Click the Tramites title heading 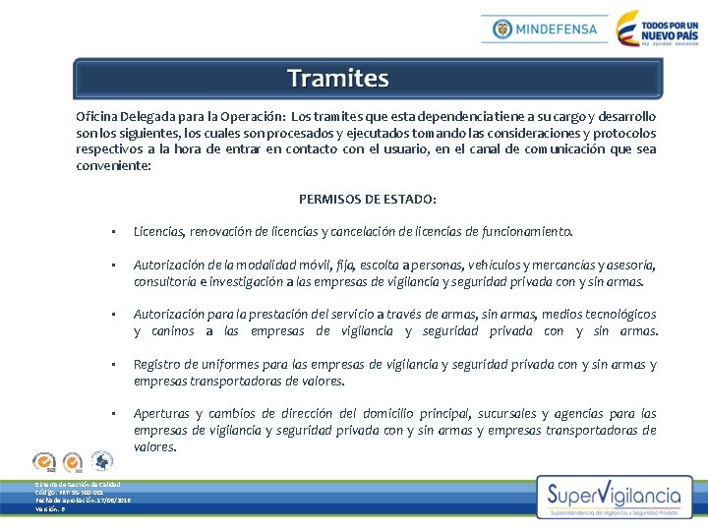[338, 78]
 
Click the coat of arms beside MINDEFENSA [502, 29]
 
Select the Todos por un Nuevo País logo [656, 29]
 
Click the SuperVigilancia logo [615, 497]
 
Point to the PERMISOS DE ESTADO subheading [368, 199]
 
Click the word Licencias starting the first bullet [159, 232]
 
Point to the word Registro [157, 365]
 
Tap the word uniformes [228, 365]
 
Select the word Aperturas [162, 414]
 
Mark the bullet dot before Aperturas [115, 414]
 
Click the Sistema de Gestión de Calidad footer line [78, 485]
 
